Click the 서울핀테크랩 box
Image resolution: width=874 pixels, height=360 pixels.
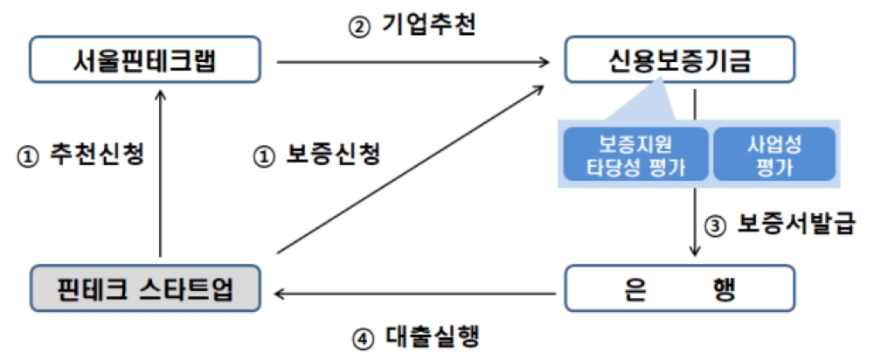pyautogui.click(x=145, y=61)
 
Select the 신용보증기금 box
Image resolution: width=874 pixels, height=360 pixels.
pyautogui.click(x=679, y=61)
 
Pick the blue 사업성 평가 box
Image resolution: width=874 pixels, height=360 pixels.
pyautogui.click(x=775, y=155)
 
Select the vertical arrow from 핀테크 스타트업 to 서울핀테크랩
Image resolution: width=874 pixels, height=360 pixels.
pyautogui.click(x=160, y=175)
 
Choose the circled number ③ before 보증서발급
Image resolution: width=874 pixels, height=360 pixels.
pyautogui.click(x=715, y=225)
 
